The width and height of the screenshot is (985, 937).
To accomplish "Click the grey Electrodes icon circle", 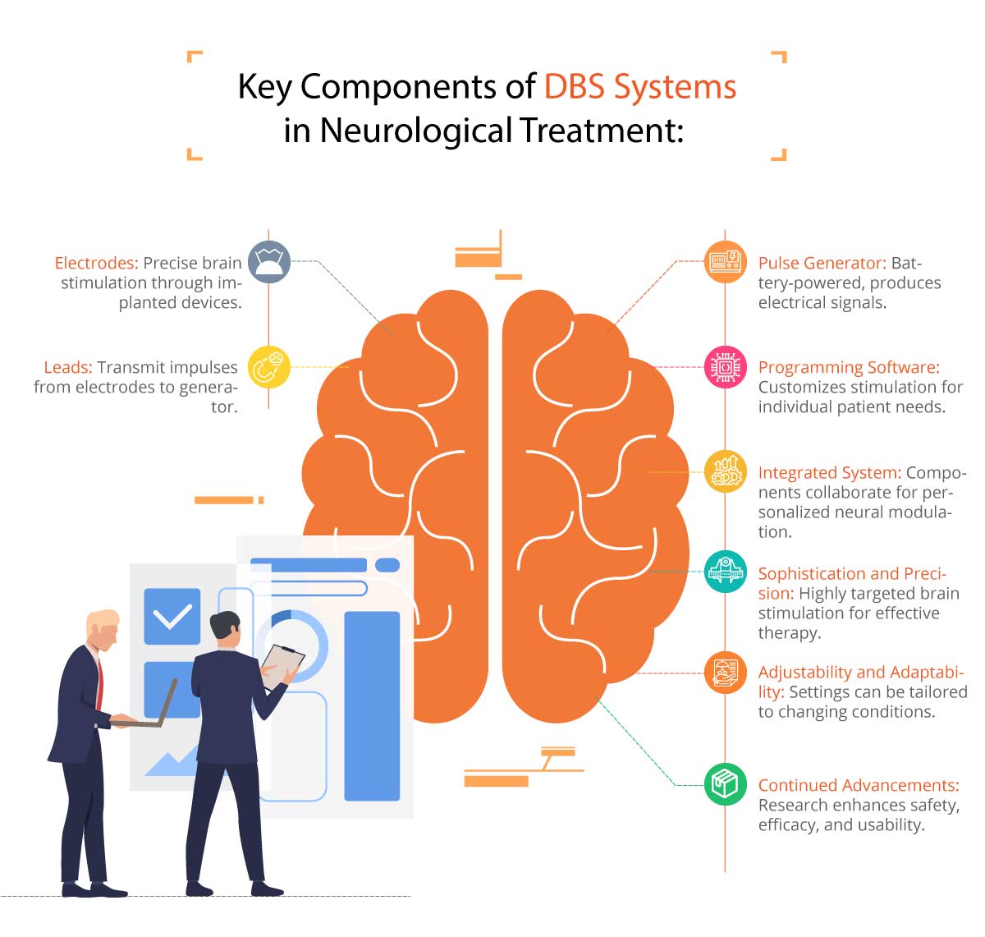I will [269, 262].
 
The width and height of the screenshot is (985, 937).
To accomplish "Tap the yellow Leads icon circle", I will [269, 366].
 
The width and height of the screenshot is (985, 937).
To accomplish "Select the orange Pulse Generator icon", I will [726, 262].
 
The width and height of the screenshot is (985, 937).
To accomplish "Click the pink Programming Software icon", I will [726, 366].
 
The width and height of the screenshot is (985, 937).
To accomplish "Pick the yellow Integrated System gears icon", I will [726, 471].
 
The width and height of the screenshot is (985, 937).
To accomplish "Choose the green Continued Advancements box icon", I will [726, 783].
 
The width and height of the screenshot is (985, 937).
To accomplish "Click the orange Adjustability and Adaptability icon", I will [726, 672].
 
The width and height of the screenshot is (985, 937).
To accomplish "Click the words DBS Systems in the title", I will [640, 86].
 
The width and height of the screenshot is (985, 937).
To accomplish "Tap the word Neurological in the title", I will [415, 130].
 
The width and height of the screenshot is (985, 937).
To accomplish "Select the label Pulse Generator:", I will [822, 263].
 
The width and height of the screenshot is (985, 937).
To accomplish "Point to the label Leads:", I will [68, 367].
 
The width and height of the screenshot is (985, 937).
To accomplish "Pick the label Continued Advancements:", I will [858, 785].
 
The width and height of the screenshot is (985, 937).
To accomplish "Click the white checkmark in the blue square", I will [172, 616].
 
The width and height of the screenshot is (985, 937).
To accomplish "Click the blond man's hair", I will [102, 618].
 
